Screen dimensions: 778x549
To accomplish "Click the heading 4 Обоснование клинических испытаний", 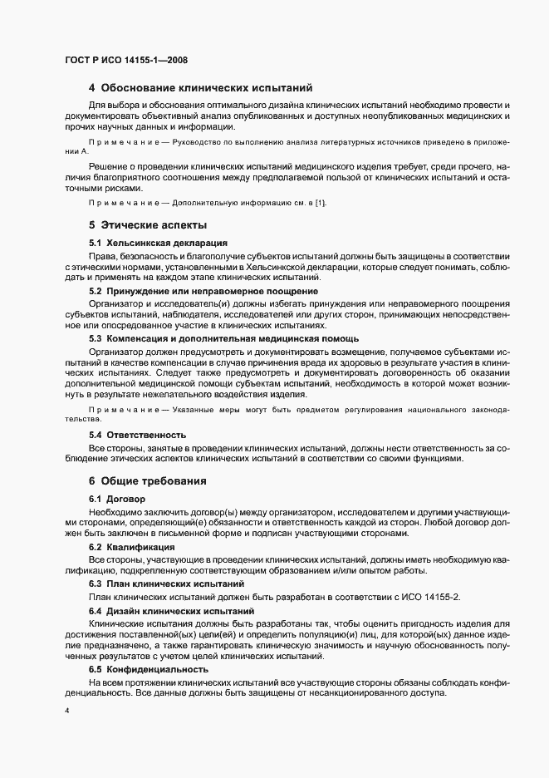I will point(199,88).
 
